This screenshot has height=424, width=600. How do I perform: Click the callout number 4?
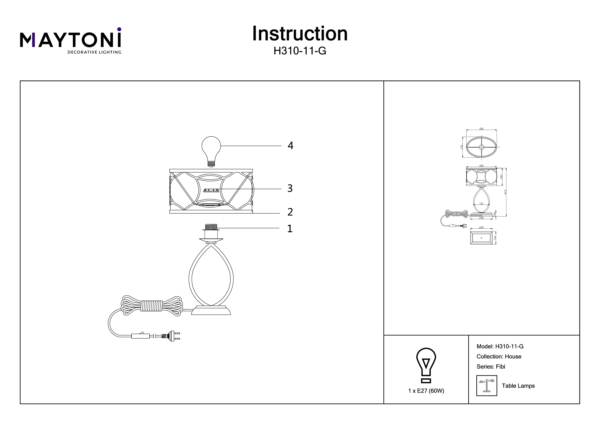click(290, 146)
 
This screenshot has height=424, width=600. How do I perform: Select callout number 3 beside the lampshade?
click(290, 188)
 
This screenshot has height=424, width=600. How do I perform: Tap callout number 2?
click(290, 212)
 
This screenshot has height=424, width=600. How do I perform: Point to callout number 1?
click(290, 229)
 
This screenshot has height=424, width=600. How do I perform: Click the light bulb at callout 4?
click(211, 149)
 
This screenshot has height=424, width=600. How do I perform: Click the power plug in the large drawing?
click(171, 336)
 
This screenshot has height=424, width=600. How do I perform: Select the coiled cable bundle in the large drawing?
click(152, 306)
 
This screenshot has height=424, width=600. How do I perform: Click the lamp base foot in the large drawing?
click(211, 310)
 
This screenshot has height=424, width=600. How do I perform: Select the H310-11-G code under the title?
click(300, 51)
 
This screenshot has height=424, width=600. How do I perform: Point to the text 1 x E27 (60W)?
click(426, 391)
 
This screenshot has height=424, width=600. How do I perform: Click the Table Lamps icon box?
click(487, 386)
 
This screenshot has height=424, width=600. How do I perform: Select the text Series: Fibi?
click(491, 367)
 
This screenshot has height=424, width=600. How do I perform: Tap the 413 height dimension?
click(505, 192)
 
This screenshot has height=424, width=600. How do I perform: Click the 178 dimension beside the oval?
click(462, 147)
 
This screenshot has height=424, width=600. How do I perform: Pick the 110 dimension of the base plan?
click(495, 238)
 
